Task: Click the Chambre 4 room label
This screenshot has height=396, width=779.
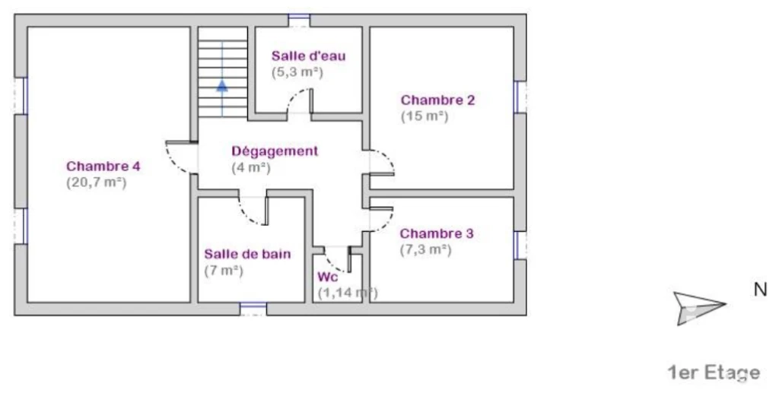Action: pyautogui.click(x=103, y=166)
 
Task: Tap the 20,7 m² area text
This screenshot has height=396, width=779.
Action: pyautogui.click(x=97, y=182)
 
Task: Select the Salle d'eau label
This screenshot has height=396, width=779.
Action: pyautogui.click(x=308, y=55)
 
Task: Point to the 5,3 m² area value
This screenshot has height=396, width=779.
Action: pyautogui.click(x=297, y=72)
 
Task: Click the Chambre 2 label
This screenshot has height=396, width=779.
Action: pyautogui.click(x=437, y=100)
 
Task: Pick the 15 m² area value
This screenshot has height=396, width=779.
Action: pyautogui.click(x=424, y=116)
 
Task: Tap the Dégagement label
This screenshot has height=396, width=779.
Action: pyautogui.click(x=275, y=151)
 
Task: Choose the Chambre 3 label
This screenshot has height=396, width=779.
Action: pyautogui.click(x=437, y=233)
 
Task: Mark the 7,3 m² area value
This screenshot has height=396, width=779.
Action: pyautogui.click(x=426, y=249)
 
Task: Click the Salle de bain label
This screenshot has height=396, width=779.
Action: pyautogui.click(x=247, y=254)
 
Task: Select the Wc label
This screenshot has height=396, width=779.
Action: pyautogui.click(x=327, y=277)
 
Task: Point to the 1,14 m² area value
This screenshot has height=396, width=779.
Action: pyautogui.click(x=348, y=293)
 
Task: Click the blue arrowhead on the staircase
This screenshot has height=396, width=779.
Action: pyautogui.click(x=222, y=86)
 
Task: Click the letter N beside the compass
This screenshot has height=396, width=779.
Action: pyautogui.click(x=760, y=290)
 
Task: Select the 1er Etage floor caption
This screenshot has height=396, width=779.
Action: pyautogui.click(x=714, y=372)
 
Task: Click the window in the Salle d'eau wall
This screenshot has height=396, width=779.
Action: pyautogui.click(x=299, y=20)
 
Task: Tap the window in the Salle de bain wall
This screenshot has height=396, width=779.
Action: pyautogui.click(x=253, y=309)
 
